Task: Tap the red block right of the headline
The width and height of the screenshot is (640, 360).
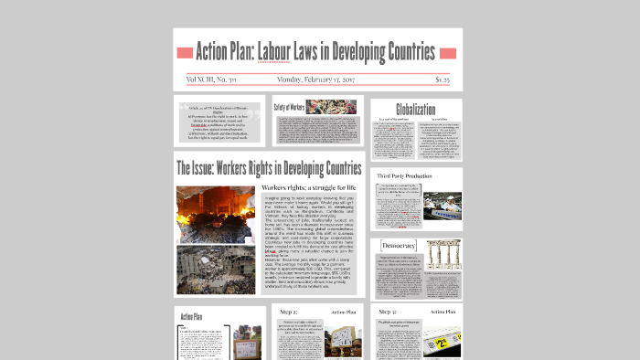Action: coord(447,51)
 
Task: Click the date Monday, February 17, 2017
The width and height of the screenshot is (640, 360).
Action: coord(317,80)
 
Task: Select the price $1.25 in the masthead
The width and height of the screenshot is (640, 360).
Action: coord(442,80)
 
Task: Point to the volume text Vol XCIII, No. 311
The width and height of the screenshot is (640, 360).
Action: coord(211,80)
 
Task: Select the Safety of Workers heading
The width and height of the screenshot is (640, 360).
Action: coord(288,107)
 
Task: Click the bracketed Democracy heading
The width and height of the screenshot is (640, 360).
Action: coord(399,246)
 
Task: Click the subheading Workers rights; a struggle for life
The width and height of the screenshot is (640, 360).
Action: coord(309,188)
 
